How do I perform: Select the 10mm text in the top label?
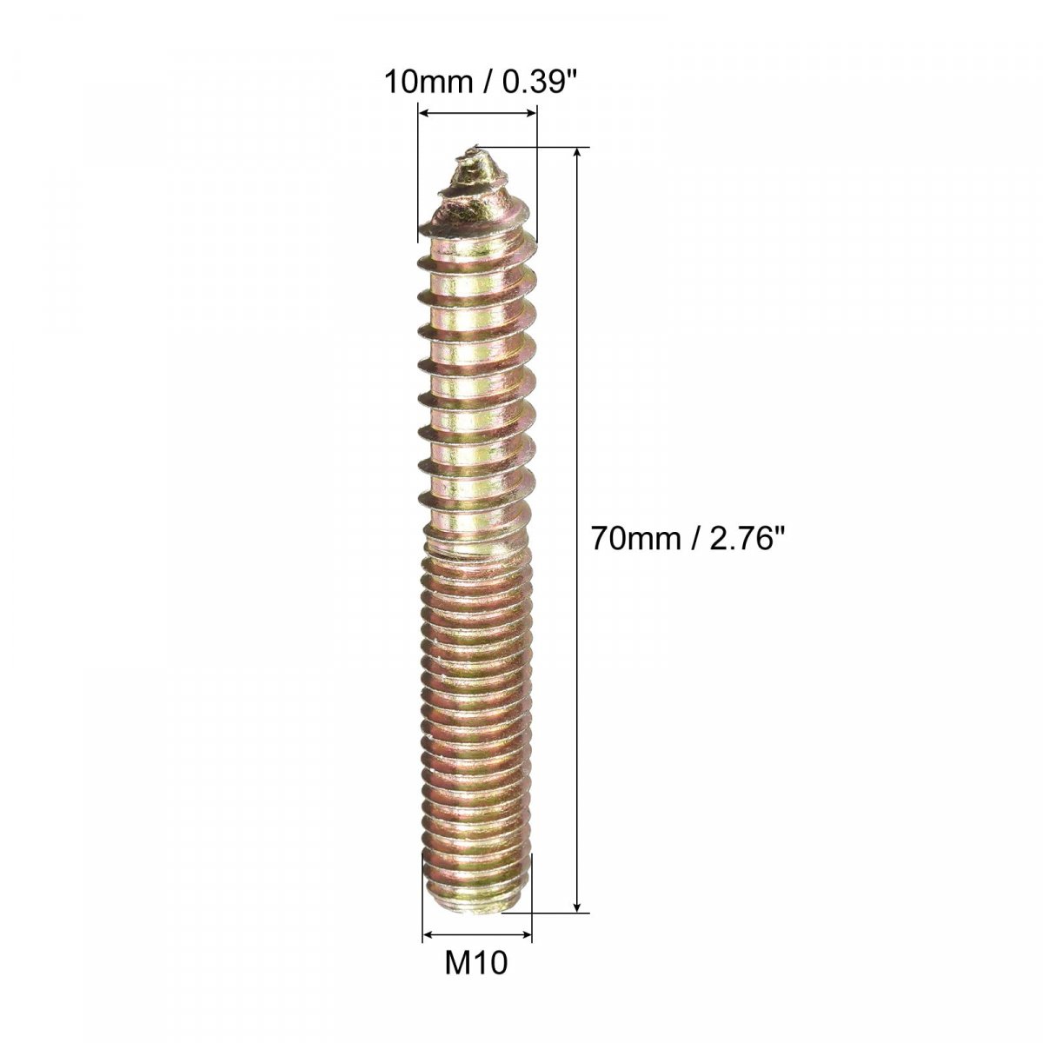pos(427,83)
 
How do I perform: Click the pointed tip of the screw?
pos(475,146)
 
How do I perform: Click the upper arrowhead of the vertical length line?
pos(577,153)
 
